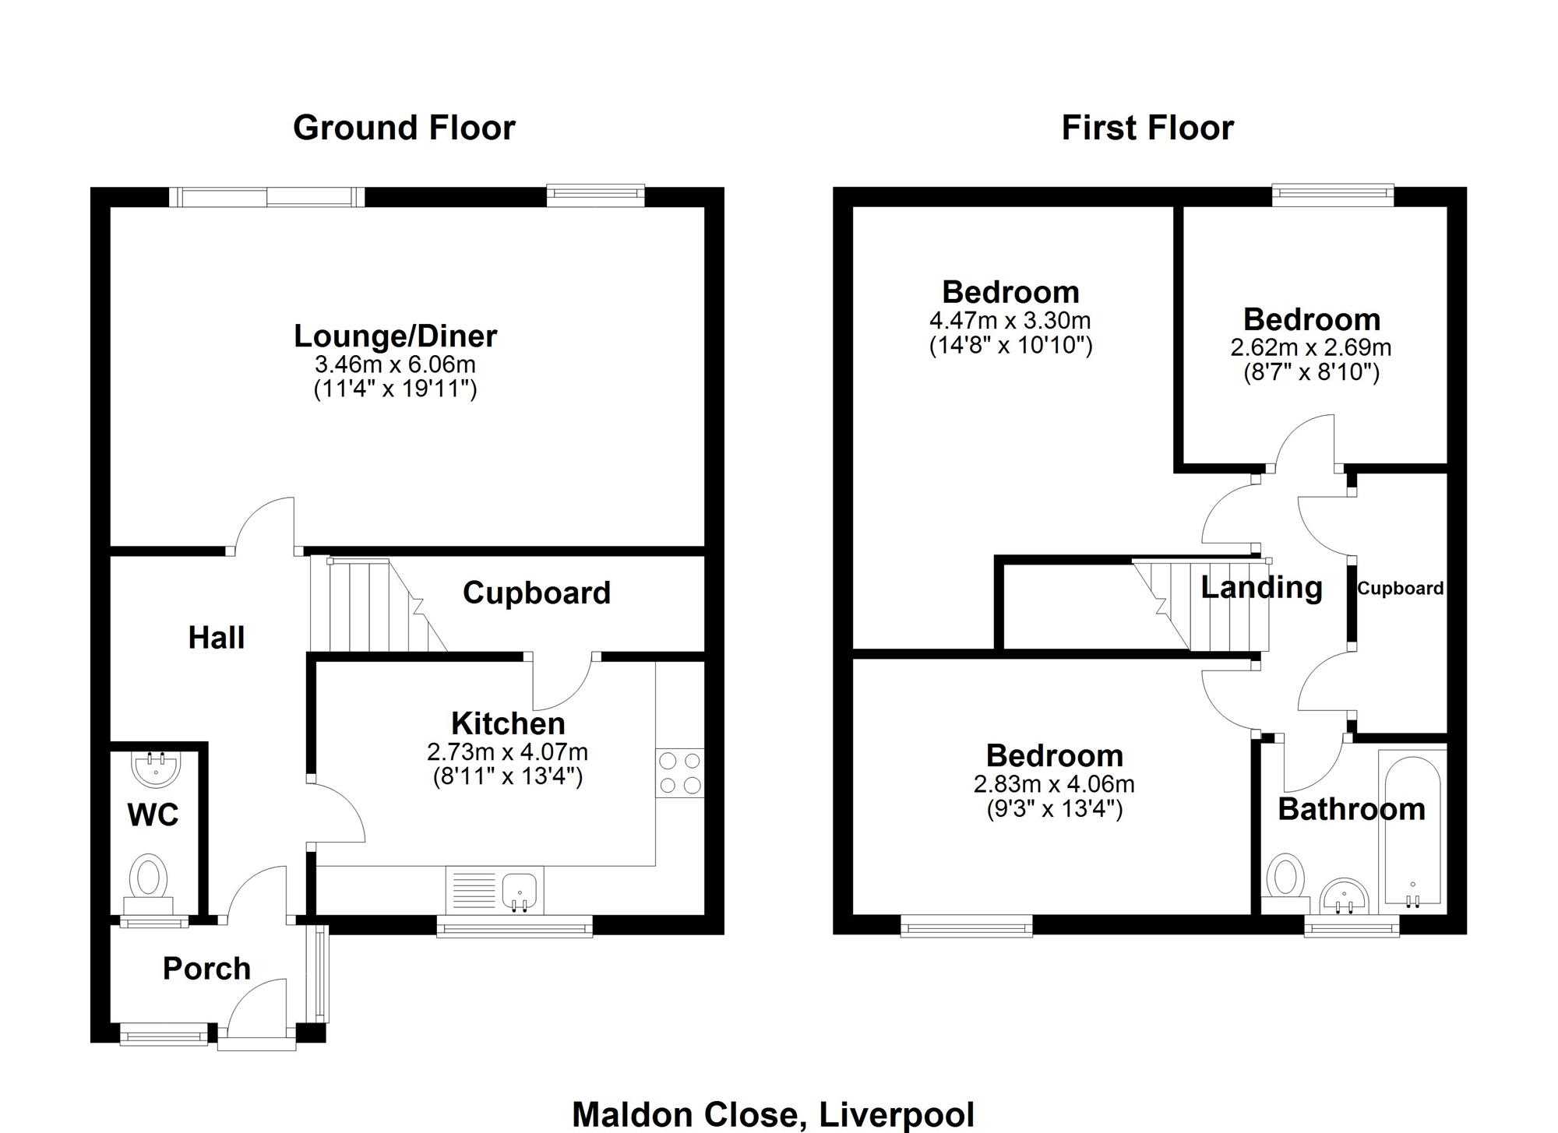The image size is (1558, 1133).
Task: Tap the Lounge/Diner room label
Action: click(395, 336)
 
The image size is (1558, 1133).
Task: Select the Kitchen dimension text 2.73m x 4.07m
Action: click(507, 752)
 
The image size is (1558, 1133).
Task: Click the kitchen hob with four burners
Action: click(680, 772)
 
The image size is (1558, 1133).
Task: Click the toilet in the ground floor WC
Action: click(149, 884)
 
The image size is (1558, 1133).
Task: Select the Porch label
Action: click(206, 969)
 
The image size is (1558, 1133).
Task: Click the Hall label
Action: click(217, 638)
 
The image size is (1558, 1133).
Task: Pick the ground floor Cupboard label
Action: click(537, 593)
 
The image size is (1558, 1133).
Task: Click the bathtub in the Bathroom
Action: click(1412, 832)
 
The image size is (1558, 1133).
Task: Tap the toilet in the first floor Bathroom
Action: click(1285, 884)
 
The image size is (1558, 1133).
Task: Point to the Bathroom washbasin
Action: click(1345, 895)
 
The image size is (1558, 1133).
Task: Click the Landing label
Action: click(1261, 587)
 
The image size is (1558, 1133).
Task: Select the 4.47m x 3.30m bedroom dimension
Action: click(1010, 320)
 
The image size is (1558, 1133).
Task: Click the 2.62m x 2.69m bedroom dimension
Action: click(1311, 347)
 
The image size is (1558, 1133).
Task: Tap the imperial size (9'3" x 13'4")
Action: click(1054, 810)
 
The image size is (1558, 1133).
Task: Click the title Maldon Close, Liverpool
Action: click(773, 1114)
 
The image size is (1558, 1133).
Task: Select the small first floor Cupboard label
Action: click(1400, 589)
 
